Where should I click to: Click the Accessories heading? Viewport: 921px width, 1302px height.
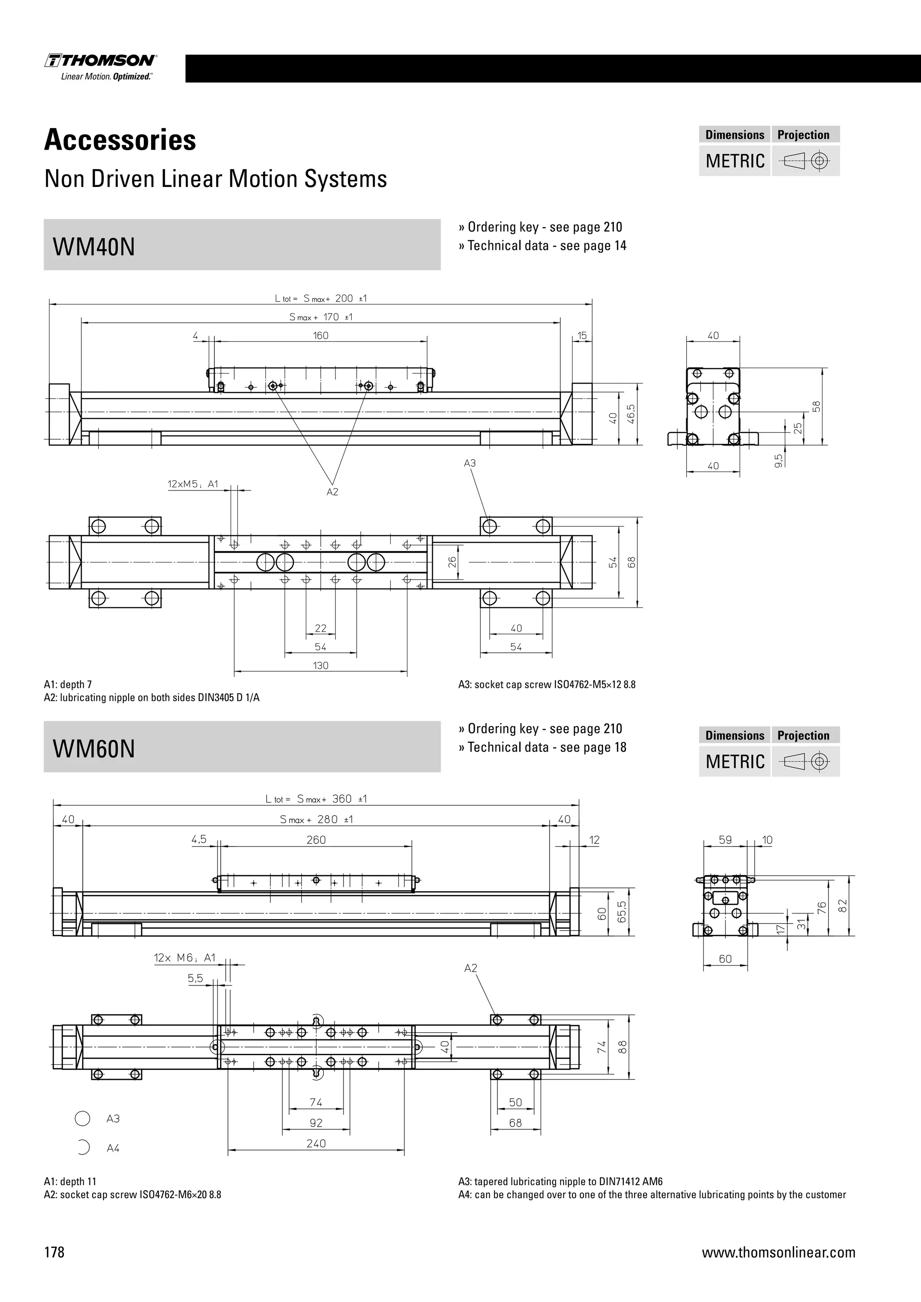click(120, 140)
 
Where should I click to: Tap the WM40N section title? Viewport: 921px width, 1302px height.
click(94, 247)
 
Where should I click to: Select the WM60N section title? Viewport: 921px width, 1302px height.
click(94, 749)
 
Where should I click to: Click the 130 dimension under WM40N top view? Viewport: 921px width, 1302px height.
click(321, 665)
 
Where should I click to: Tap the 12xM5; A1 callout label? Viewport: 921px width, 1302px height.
click(193, 484)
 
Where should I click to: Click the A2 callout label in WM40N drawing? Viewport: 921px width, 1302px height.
click(332, 492)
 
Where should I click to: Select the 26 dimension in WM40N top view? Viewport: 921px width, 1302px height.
click(452, 562)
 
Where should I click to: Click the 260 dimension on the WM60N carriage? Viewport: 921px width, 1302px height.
click(316, 840)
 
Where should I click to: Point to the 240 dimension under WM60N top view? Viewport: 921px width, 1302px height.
click(316, 1143)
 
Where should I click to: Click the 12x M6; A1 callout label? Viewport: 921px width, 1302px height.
click(185, 958)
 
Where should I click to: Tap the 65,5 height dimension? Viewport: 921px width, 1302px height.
click(621, 912)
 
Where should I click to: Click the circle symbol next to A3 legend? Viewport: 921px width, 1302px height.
click(83, 1118)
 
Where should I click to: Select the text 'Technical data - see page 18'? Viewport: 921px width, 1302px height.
click(547, 747)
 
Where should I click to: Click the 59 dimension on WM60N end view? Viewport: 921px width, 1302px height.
click(725, 840)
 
